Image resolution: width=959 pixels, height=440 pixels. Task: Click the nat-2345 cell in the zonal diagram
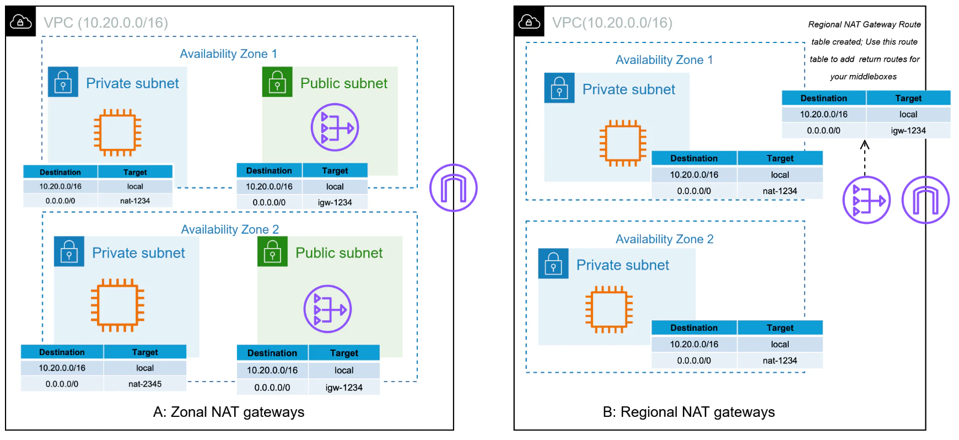[x=145, y=384]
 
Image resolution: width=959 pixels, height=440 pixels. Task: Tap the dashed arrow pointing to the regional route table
[x=865, y=158]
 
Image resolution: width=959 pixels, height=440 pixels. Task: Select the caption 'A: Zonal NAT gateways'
[x=229, y=412]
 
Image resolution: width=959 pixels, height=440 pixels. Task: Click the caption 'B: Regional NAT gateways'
[x=689, y=412]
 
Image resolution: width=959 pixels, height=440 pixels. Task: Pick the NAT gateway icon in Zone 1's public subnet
[x=335, y=127]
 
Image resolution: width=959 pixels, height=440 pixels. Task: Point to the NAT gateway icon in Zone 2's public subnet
[x=327, y=309]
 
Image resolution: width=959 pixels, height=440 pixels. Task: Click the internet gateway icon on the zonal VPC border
[x=453, y=188]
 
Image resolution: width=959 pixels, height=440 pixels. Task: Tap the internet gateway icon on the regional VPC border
[x=925, y=200]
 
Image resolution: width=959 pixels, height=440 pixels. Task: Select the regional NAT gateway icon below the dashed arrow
[x=866, y=200]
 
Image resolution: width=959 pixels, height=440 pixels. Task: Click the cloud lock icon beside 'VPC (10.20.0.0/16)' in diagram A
[x=21, y=22]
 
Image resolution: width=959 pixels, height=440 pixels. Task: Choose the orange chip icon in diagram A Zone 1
[x=117, y=132]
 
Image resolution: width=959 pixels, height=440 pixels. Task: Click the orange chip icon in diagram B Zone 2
[x=609, y=309]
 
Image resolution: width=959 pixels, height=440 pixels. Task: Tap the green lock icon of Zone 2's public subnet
[x=272, y=251]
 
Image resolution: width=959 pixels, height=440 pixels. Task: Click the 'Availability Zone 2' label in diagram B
[x=664, y=239]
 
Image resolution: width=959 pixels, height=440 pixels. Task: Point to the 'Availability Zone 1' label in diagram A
[x=228, y=53]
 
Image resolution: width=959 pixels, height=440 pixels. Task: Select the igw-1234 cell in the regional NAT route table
[x=908, y=131]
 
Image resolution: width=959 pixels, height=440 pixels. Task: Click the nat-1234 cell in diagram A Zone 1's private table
[x=135, y=201]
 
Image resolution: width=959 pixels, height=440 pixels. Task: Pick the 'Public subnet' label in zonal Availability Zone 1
[x=344, y=83]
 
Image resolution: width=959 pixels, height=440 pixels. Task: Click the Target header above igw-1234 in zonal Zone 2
[x=344, y=353]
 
